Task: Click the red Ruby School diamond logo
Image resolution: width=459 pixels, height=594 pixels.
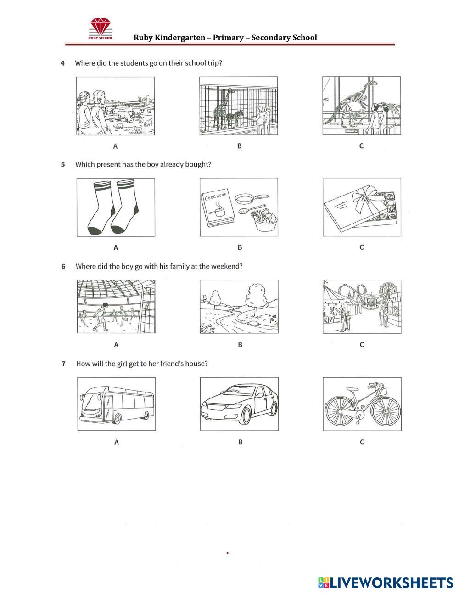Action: pyautogui.click(x=101, y=27)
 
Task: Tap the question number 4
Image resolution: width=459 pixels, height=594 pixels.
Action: pyautogui.click(x=62, y=63)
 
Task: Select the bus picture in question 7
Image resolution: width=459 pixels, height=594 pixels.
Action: pyautogui.click(x=116, y=404)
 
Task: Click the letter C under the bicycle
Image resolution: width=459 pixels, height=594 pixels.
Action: pyautogui.click(x=362, y=442)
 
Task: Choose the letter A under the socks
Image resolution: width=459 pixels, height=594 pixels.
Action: pyautogui.click(x=116, y=247)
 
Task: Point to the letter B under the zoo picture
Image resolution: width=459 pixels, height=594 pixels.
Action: pyautogui.click(x=239, y=146)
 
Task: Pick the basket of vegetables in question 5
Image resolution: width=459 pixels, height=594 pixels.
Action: pyautogui.click(x=265, y=219)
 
